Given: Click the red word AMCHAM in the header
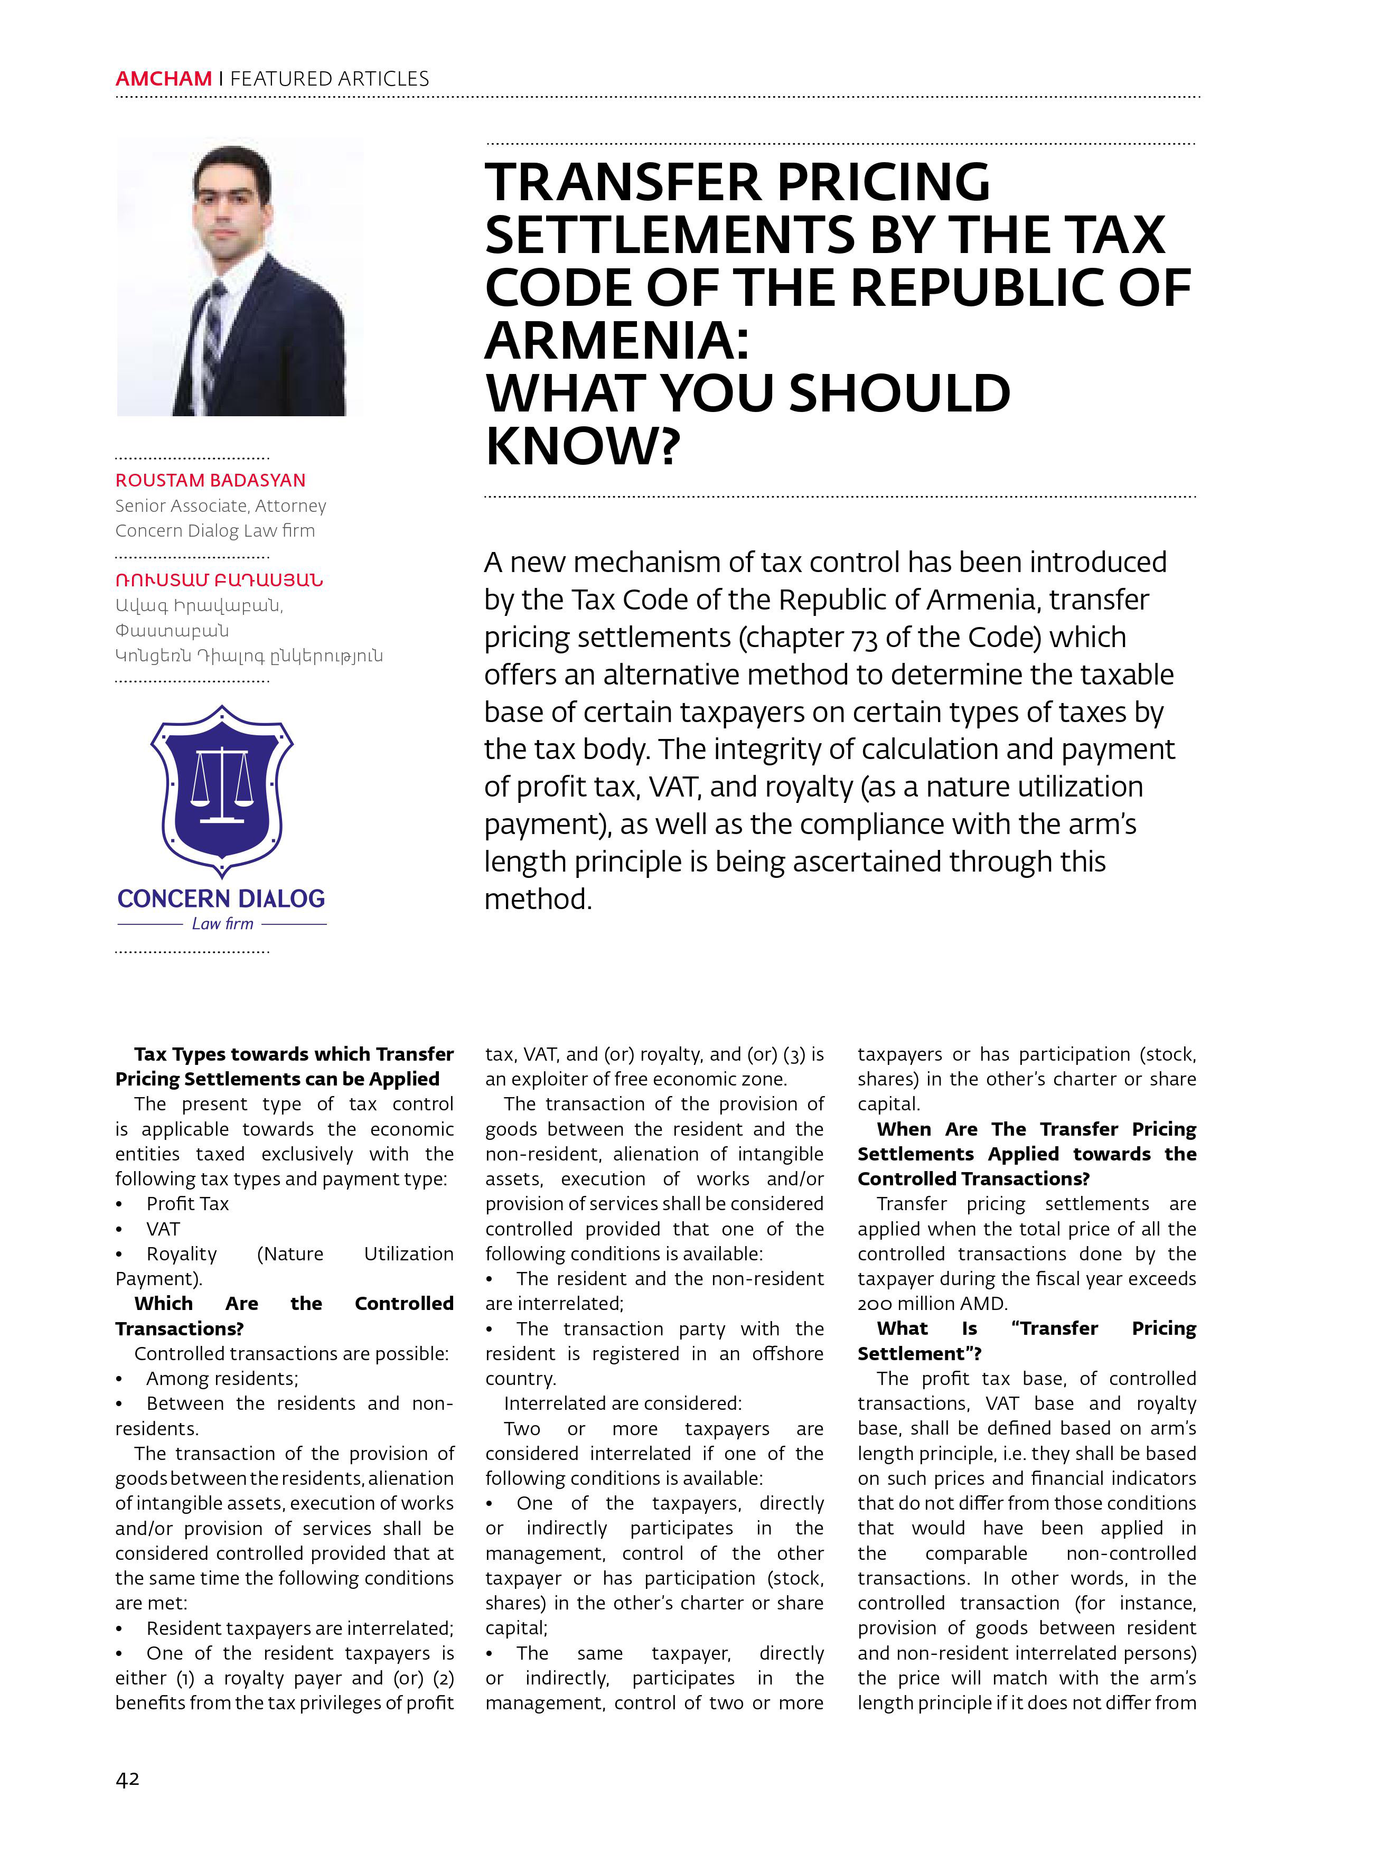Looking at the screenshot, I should click(x=163, y=79).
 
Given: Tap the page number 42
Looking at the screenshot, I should click(x=127, y=1779).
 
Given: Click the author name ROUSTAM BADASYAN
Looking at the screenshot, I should click(x=210, y=480).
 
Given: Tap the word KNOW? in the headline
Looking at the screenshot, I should click(x=582, y=446).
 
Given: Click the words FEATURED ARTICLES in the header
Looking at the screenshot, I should click(x=329, y=79).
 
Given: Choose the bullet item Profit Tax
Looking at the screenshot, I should click(x=187, y=1204).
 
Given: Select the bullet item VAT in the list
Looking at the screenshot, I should click(x=163, y=1229).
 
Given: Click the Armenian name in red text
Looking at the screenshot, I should click(x=219, y=579).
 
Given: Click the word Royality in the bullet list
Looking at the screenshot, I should click(x=182, y=1254).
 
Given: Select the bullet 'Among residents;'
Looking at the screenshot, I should click(x=222, y=1378).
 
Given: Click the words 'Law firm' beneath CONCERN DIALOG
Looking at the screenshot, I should click(x=222, y=923).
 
